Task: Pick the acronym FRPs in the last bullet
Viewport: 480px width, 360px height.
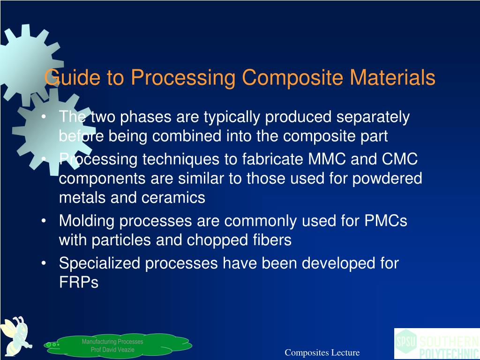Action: (78, 283)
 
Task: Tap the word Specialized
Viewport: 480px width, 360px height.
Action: (99, 263)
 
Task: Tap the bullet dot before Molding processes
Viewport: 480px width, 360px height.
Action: (44, 220)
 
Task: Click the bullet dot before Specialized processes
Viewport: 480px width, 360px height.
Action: (44, 263)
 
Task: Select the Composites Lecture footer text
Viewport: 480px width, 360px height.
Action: (322, 352)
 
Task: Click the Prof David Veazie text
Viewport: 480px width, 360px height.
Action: (112, 350)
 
